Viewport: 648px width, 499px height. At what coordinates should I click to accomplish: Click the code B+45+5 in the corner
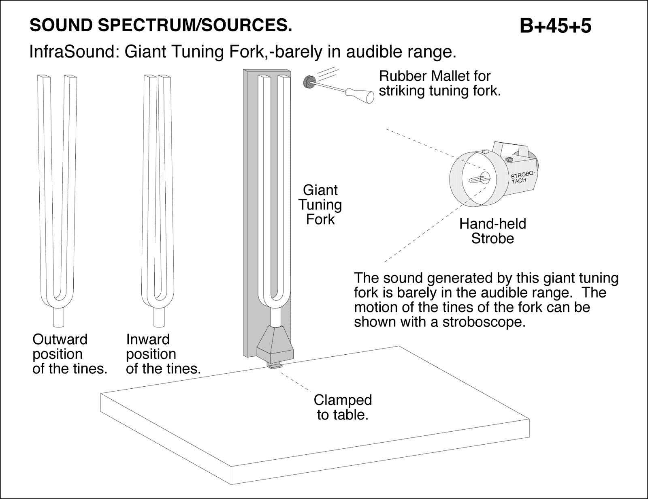[x=555, y=26]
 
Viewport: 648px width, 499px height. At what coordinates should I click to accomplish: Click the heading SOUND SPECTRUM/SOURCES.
[x=160, y=26]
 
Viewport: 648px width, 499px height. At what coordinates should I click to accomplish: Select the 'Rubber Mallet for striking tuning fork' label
[x=439, y=83]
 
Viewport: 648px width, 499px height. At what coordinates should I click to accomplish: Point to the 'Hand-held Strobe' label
[x=492, y=231]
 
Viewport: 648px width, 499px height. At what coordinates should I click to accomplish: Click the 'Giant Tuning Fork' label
[x=320, y=205]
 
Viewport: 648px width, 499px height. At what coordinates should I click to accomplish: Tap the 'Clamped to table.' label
[x=343, y=407]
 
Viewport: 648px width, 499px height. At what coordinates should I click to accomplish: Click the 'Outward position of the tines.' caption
[x=69, y=354]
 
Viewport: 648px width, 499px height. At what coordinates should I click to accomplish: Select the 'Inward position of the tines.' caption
[x=163, y=354]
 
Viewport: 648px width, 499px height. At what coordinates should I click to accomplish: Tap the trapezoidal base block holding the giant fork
[x=275, y=343]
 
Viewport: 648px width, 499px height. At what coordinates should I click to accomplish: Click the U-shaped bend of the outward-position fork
[x=60, y=300]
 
